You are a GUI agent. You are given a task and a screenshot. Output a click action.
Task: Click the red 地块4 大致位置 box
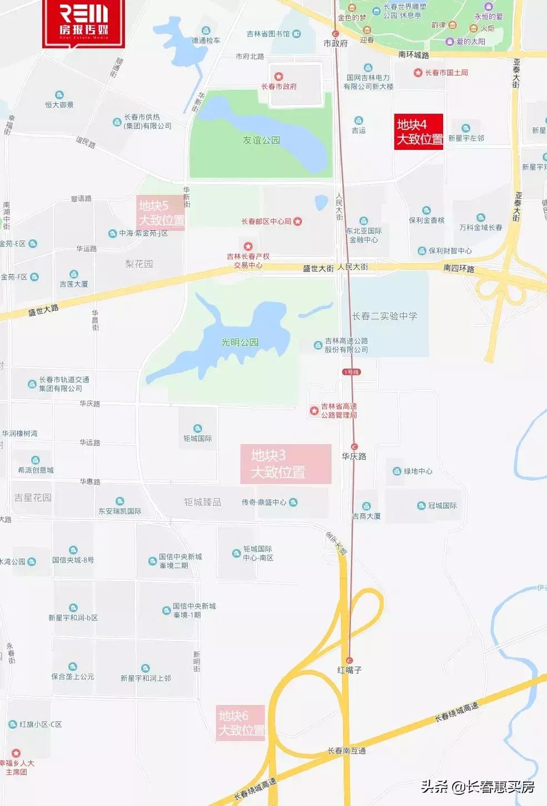pyautogui.click(x=419, y=132)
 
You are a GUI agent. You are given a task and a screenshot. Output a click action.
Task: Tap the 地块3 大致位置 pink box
pyautogui.click(x=285, y=464)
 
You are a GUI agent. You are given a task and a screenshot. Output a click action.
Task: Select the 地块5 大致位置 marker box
pyautogui.click(x=161, y=213)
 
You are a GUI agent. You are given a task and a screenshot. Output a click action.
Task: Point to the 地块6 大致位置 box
pyautogui.click(x=241, y=723)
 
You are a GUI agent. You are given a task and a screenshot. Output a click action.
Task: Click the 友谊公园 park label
pyautogui.click(x=261, y=140)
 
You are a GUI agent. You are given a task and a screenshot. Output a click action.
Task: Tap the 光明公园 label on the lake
pyautogui.click(x=240, y=342)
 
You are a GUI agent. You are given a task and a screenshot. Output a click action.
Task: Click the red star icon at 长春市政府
pyautogui.click(x=279, y=77)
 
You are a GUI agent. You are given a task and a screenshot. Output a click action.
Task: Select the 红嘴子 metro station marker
pyautogui.click(x=349, y=660)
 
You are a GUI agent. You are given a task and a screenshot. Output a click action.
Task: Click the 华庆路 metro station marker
pyautogui.click(x=354, y=447)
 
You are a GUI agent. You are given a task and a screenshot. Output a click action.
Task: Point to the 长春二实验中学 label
pyautogui.click(x=384, y=316)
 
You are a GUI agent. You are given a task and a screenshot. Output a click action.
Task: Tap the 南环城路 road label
pyautogui.click(x=414, y=55)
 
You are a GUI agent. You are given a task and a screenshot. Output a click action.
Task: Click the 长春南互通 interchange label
pyautogui.click(x=347, y=750)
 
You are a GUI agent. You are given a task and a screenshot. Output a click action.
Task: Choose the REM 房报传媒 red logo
pyautogui.click(x=84, y=22)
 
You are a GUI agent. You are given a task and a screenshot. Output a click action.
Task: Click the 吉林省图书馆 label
pyautogui.click(x=268, y=34)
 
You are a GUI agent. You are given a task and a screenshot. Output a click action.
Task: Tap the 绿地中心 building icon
pyautogui.click(x=397, y=471)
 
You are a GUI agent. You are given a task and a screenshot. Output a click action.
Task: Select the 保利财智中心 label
pyautogui.click(x=450, y=251)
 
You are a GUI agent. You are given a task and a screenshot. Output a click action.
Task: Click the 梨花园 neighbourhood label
pyautogui.click(x=139, y=264)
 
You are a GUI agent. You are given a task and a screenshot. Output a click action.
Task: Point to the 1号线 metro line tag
pyautogui.click(x=351, y=372)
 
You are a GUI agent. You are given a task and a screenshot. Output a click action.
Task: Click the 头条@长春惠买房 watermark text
pyautogui.click(x=477, y=787)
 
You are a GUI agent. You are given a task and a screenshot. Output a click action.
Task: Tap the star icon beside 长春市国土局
pyautogui.click(x=418, y=73)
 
